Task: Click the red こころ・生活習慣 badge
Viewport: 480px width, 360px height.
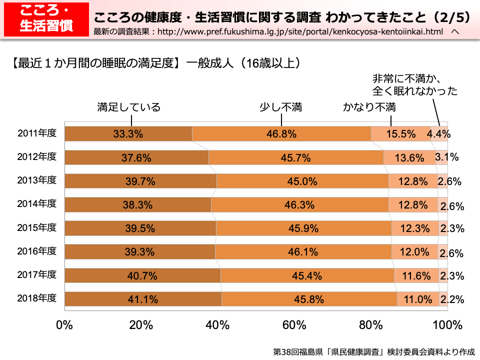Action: coord(44,19)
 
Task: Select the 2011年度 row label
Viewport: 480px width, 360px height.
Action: coord(37,133)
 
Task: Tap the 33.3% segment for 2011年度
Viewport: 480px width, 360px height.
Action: coord(128,133)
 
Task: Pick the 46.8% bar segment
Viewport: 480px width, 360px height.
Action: coord(281,133)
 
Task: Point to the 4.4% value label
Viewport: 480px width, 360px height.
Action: coord(438,133)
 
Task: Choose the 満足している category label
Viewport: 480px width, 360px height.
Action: coord(129,107)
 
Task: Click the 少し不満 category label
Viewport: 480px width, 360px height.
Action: coord(280,107)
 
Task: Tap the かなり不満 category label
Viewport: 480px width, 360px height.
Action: coord(369,107)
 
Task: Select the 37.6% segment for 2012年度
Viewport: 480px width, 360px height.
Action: coord(136,157)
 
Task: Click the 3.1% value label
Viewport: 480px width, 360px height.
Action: coord(447,157)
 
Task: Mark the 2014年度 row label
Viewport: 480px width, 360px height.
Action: coord(37,203)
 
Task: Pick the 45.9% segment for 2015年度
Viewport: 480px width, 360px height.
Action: coord(303,228)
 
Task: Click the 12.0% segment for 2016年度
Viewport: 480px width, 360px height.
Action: coord(414,252)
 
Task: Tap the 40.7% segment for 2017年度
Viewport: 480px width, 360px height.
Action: coord(142,275)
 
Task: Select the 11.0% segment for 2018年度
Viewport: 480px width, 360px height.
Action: coord(418,299)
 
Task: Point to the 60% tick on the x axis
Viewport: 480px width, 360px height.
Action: coord(294,325)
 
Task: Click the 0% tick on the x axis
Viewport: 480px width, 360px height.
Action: coord(65,325)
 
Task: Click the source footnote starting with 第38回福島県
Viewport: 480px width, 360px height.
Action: coord(373,351)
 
